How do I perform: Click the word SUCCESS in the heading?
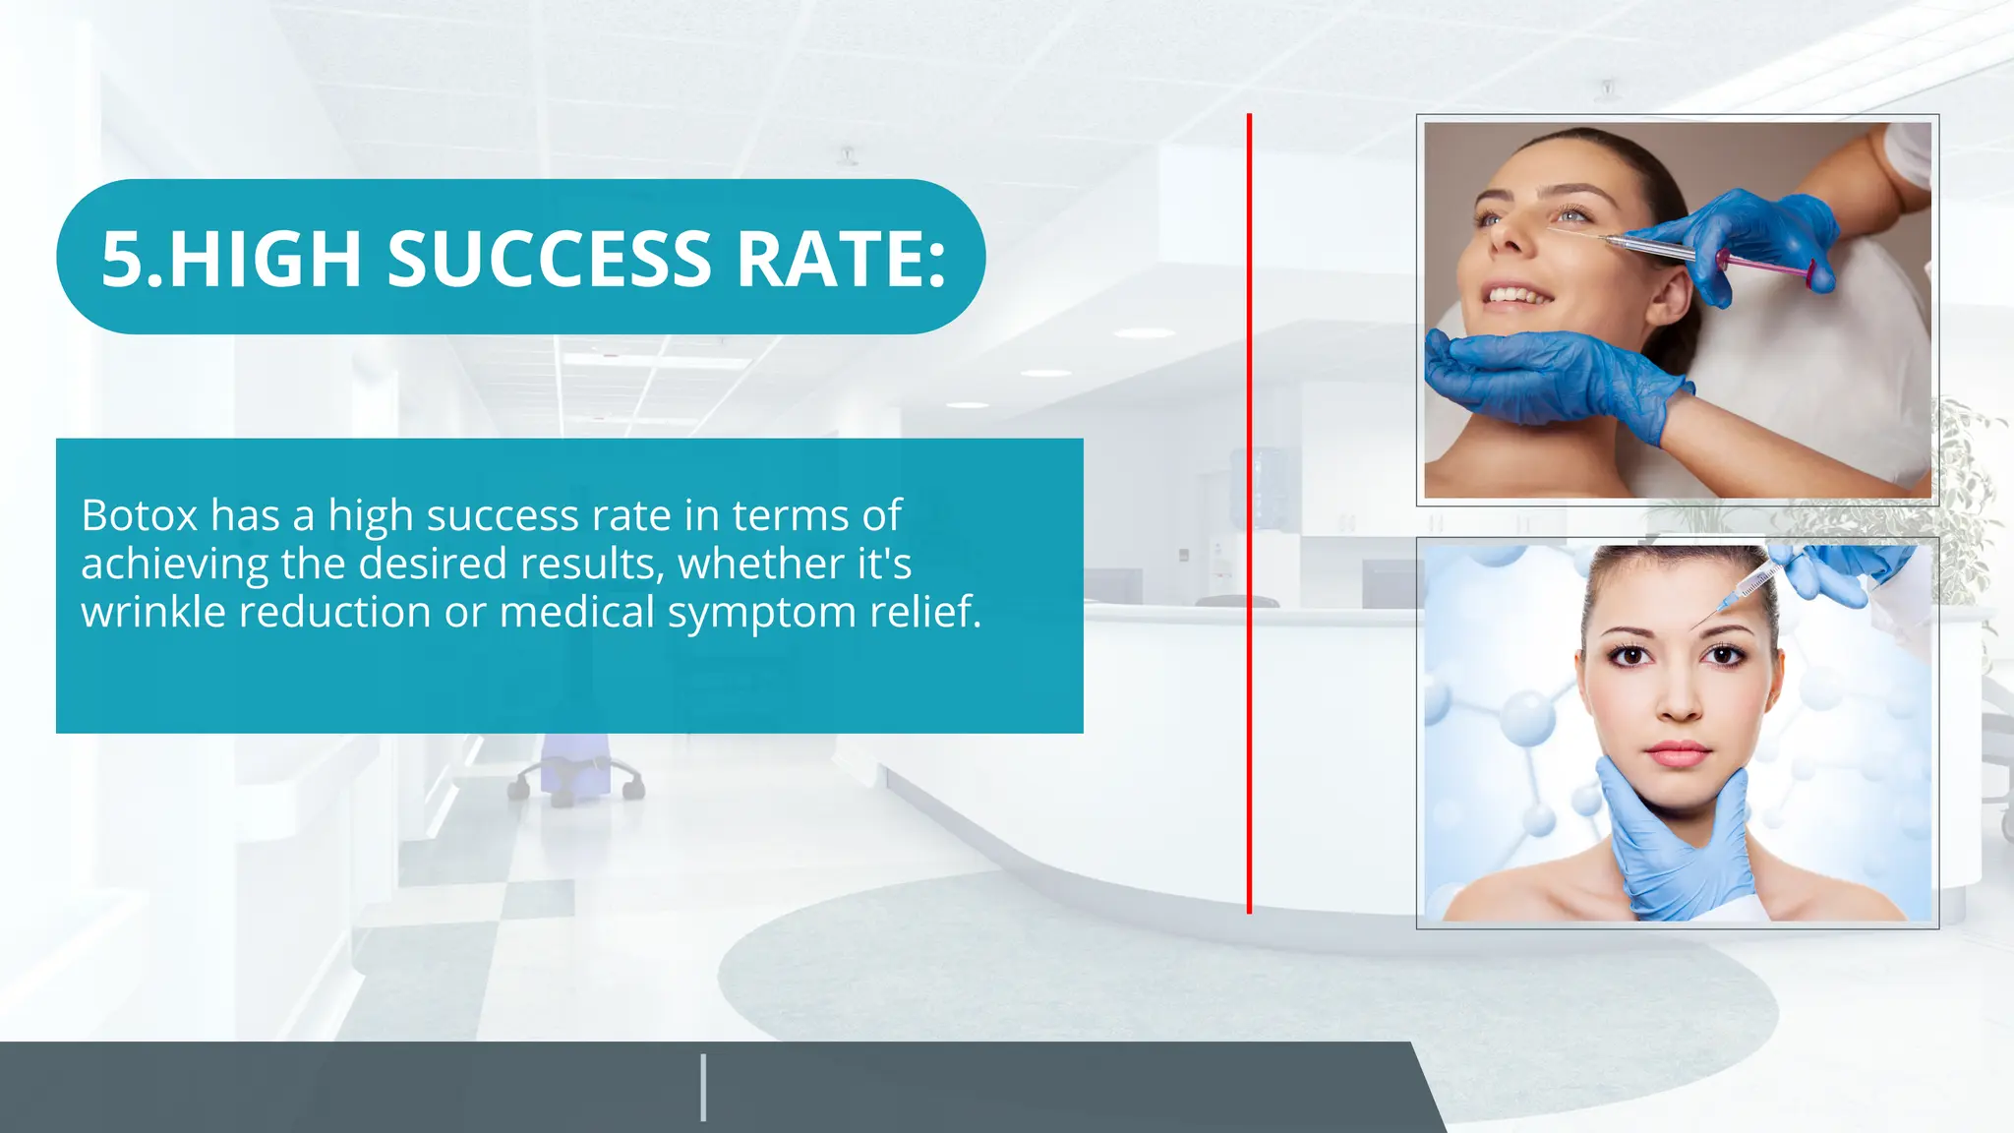click(549, 260)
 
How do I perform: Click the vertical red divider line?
click(1249, 511)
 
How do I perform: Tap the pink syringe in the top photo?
click(1765, 264)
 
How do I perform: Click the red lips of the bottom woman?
click(1678, 755)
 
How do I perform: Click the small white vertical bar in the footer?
click(703, 1087)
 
